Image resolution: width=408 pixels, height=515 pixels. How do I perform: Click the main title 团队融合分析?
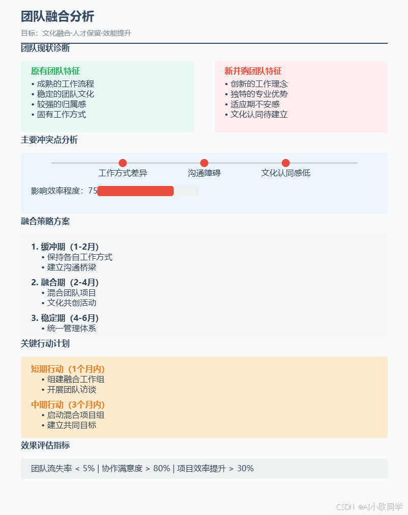58,16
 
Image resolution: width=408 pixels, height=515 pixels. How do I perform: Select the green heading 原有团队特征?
56,71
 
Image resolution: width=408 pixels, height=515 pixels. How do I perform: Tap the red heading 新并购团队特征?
253,71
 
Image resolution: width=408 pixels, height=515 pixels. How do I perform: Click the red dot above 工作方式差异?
123,163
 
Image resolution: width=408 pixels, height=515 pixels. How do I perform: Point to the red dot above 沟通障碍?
204,163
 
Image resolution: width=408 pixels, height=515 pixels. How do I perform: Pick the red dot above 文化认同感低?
286,163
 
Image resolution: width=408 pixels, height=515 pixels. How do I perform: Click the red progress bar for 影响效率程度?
135,191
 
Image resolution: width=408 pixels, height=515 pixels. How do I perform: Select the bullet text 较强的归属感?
62,104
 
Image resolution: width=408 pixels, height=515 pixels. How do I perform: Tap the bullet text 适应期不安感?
255,104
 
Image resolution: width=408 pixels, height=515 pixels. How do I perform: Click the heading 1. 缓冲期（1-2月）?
65,247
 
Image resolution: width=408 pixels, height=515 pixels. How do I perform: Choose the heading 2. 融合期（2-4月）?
65,283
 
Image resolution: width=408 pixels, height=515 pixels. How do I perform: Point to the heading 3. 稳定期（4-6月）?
65,318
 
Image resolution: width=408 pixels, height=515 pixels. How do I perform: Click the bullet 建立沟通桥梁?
72,267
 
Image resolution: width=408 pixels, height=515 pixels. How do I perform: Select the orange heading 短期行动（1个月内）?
68,369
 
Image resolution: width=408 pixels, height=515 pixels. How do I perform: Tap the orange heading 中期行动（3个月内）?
68,405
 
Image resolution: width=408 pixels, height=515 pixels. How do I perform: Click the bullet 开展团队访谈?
72,390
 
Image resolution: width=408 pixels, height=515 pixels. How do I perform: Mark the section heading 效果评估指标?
45,446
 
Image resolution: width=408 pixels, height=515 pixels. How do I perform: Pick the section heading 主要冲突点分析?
49,140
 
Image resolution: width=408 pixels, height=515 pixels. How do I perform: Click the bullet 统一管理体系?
72,329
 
